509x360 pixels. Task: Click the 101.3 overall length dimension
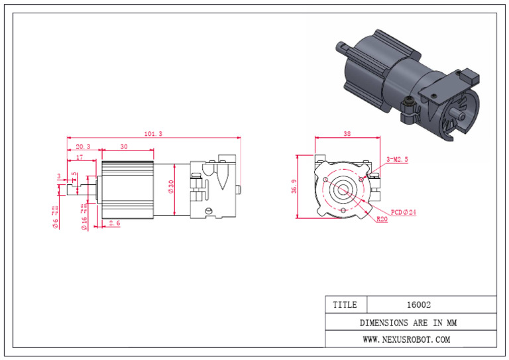click(153, 134)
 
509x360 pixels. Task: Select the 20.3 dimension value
click(84, 147)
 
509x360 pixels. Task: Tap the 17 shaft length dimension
click(79, 158)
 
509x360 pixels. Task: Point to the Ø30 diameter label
click(170, 188)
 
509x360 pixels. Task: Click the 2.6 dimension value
click(114, 223)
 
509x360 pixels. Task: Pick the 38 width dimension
click(348, 134)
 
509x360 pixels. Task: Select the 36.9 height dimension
click(295, 188)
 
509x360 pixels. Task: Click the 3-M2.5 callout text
click(398, 160)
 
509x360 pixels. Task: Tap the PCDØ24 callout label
click(404, 212)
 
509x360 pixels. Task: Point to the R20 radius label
click(382, 219)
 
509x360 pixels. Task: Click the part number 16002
click(418, 305)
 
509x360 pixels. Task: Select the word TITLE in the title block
click(345, 305)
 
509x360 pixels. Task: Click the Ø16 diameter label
click(84, 218)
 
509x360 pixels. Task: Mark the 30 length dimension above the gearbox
click(124, 147)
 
